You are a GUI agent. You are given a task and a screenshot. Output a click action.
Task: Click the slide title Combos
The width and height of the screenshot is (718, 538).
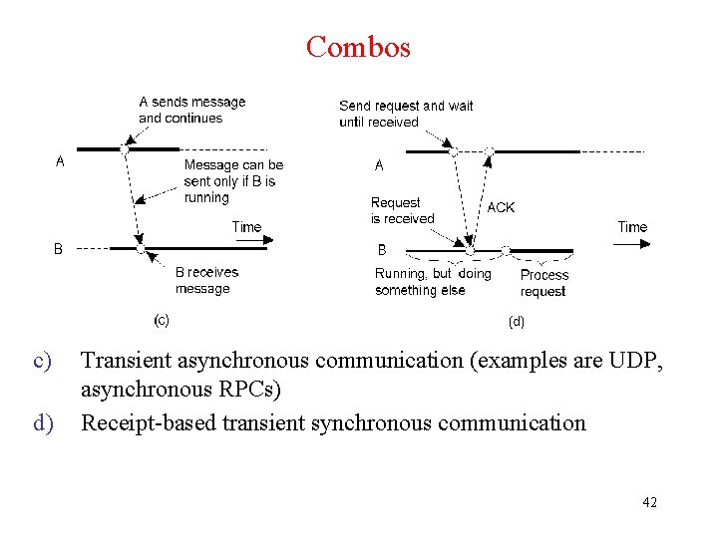[358, 47]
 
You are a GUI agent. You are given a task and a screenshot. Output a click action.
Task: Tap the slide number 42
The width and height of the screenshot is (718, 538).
[649, 502]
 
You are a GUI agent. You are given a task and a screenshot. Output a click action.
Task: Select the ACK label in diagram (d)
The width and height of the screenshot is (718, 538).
[501, 207]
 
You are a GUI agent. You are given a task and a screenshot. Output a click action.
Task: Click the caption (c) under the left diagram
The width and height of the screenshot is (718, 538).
[161, 320]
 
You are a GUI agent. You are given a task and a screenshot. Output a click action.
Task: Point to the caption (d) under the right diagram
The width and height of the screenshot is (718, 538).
[516, 322]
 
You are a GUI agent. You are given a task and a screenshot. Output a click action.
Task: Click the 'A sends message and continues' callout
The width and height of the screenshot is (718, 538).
[191, 110]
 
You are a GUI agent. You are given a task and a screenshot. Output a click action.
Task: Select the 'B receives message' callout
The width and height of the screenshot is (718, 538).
[206, 280]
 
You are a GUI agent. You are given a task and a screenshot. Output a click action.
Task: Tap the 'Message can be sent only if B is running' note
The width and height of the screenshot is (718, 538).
[233, 181]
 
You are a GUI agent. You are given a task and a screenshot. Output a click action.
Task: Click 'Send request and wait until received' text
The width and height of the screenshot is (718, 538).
[406, 114]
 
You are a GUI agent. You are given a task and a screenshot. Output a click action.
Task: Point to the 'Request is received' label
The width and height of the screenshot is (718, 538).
[402, 210]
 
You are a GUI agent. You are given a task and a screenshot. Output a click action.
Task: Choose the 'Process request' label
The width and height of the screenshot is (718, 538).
[543, 283]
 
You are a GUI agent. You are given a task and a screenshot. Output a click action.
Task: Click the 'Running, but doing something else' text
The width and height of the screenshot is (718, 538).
[433, 282]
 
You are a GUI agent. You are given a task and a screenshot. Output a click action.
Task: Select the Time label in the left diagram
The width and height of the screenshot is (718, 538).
[246, 227]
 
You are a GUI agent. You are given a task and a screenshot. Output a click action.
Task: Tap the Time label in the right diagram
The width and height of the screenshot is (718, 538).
[632, 227]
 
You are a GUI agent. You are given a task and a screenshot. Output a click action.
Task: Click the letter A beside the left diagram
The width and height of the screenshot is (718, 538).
[60, 161]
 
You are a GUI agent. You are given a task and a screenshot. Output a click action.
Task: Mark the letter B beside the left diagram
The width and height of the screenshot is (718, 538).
[58, 249]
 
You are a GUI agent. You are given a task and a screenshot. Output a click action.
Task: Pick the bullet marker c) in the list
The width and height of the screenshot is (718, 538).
[43, 361]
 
